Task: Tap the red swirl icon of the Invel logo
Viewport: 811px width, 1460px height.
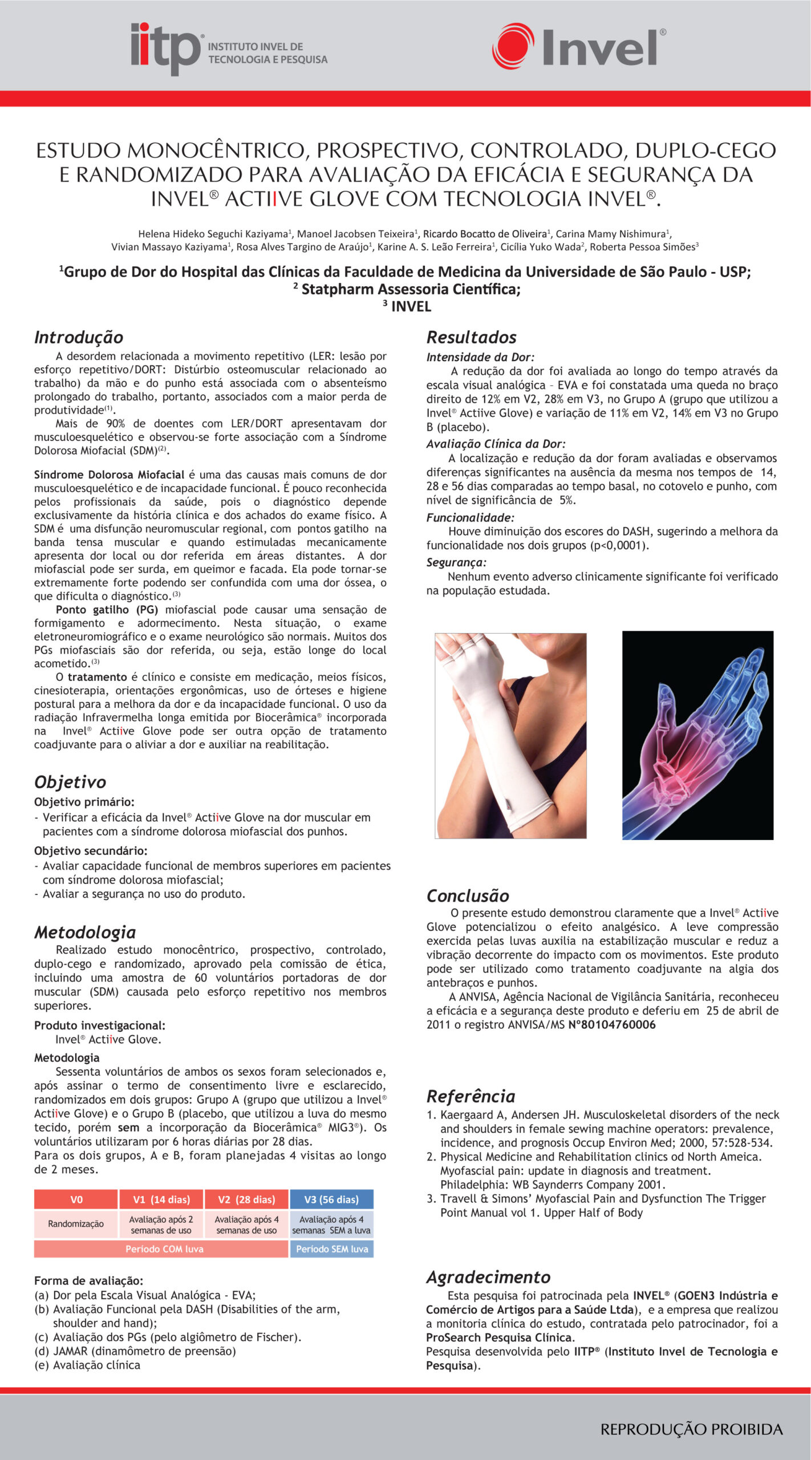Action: pos(513,46)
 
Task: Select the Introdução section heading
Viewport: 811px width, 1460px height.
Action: pos(79,337)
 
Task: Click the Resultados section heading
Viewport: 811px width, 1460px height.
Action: pos(471,337)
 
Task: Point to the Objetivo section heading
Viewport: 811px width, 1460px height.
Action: pos(70,782)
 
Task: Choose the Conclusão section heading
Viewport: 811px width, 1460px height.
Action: pos(468,895)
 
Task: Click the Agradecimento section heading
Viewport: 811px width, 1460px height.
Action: pos(488,1277)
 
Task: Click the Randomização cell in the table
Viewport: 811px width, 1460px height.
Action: pos(76,1224)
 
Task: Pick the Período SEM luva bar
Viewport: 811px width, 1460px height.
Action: pos(331,1249)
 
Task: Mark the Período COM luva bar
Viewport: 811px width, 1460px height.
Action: pos(164,1249)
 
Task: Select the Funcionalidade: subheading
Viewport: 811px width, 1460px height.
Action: pos(470,518)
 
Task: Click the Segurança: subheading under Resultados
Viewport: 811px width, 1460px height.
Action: pos(456,563)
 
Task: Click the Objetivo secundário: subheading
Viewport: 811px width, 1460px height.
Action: pos(91,851)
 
